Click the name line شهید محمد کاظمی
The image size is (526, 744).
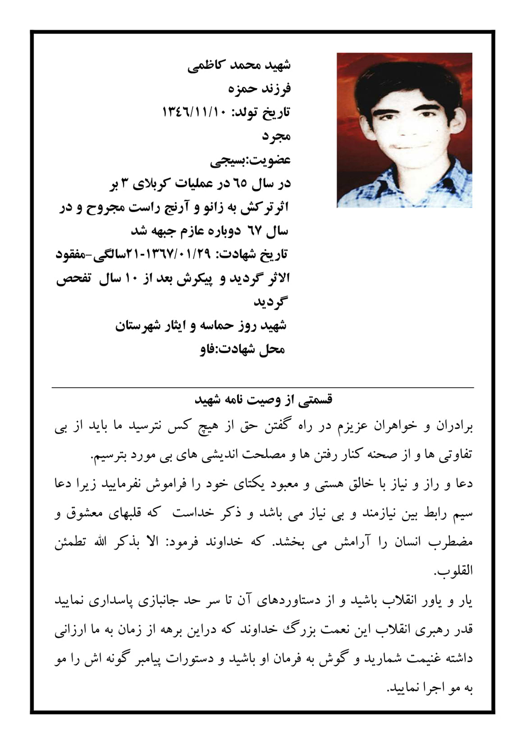click(239, 65)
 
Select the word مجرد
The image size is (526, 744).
click(276, 136)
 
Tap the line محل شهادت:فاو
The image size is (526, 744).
click(242, 349)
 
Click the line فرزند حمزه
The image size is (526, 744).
click(259, 89)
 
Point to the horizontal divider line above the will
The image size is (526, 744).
click(263, 388)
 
